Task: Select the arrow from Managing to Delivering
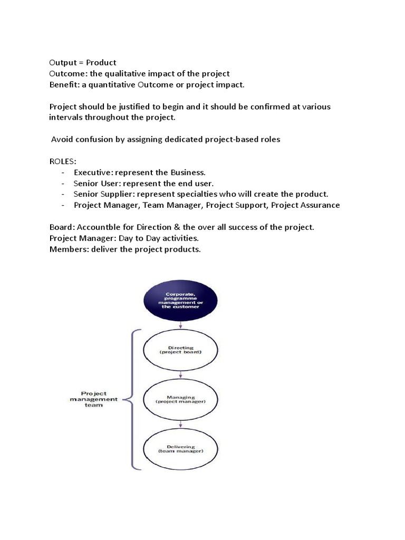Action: tap(181, 424)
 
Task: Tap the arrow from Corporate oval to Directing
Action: tap(181, 325)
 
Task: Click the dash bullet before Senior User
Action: tap(63, 184)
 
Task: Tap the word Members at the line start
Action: tap(67, 249)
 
